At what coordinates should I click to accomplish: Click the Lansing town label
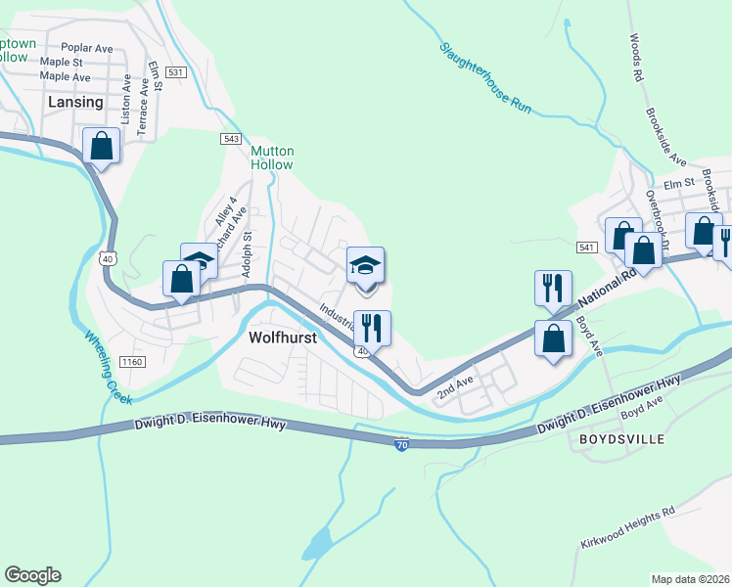pyautogui.click(x=75, y=102)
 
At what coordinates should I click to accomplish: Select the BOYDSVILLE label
pyautogui.click(x=621, y=439)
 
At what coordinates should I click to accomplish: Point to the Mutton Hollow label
pyautogui.click(x=272, y=158)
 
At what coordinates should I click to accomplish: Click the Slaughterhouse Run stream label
pyautogui.click(x=484, y=78)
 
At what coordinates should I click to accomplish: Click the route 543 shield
pyautogui.click(x=231, y=140)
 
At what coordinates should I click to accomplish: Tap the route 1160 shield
pyautogui.click(x=132, y=362)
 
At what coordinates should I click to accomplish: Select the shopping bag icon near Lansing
pyautogui.click(x=102, y=147)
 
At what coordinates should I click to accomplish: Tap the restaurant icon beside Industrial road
pyautogui.click(x=371, y=327)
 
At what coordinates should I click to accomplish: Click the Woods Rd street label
pyautogui.click(x=636, y=58)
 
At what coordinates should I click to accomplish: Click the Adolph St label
pyautogui.click(x=248, y=253)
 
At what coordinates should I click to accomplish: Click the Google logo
pyautogui.click(x=32, y=575)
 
